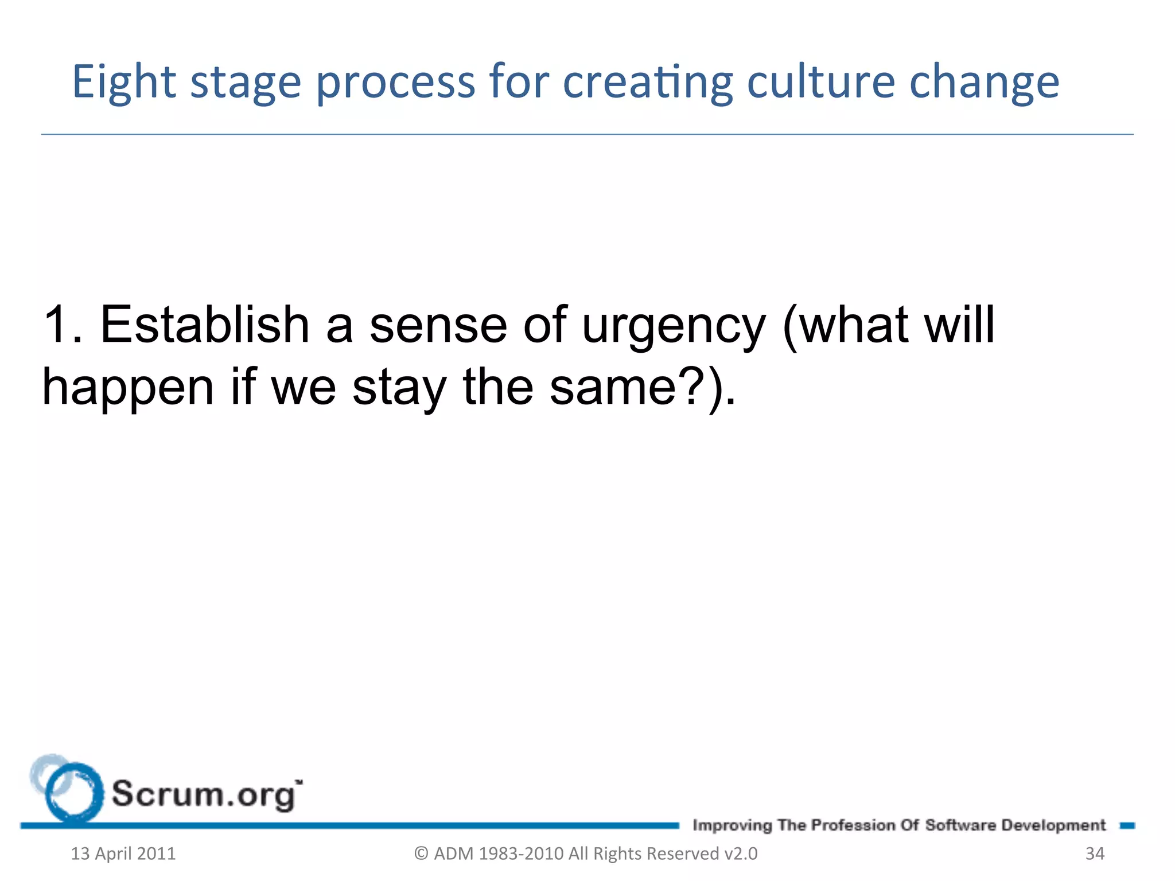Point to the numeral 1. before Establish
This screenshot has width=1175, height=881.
[x=63, y=325]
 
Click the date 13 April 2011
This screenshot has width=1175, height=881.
[x=123, y=853]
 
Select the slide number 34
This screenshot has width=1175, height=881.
[x=1095, y=853]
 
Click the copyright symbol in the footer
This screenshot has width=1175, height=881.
[x=421, y=853]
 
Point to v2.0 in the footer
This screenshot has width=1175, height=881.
[x=741, y=853]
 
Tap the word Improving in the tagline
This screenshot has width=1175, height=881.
[x=732, y=825]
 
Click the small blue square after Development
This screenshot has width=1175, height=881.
[x=1127, y=825]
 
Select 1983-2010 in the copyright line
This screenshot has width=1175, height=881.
[x=521, y=853]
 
